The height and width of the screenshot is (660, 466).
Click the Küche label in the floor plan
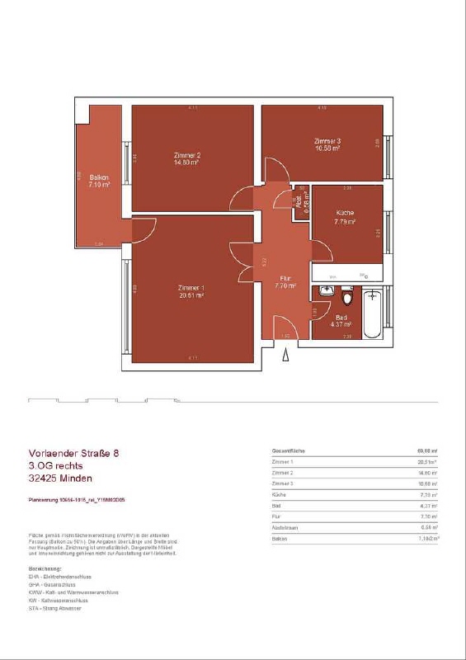[x=345, y=218]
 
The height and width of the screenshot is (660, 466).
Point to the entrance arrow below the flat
[x=286, y=354]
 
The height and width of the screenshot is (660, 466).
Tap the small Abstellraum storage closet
[x=302, y=202]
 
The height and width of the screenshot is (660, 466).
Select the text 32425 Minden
[x=60, y=478]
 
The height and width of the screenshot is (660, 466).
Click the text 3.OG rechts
[x=61, y=465]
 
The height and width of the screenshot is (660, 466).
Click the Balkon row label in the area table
[x=280, y=539]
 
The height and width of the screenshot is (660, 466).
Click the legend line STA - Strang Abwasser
[x=55, y=608]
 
